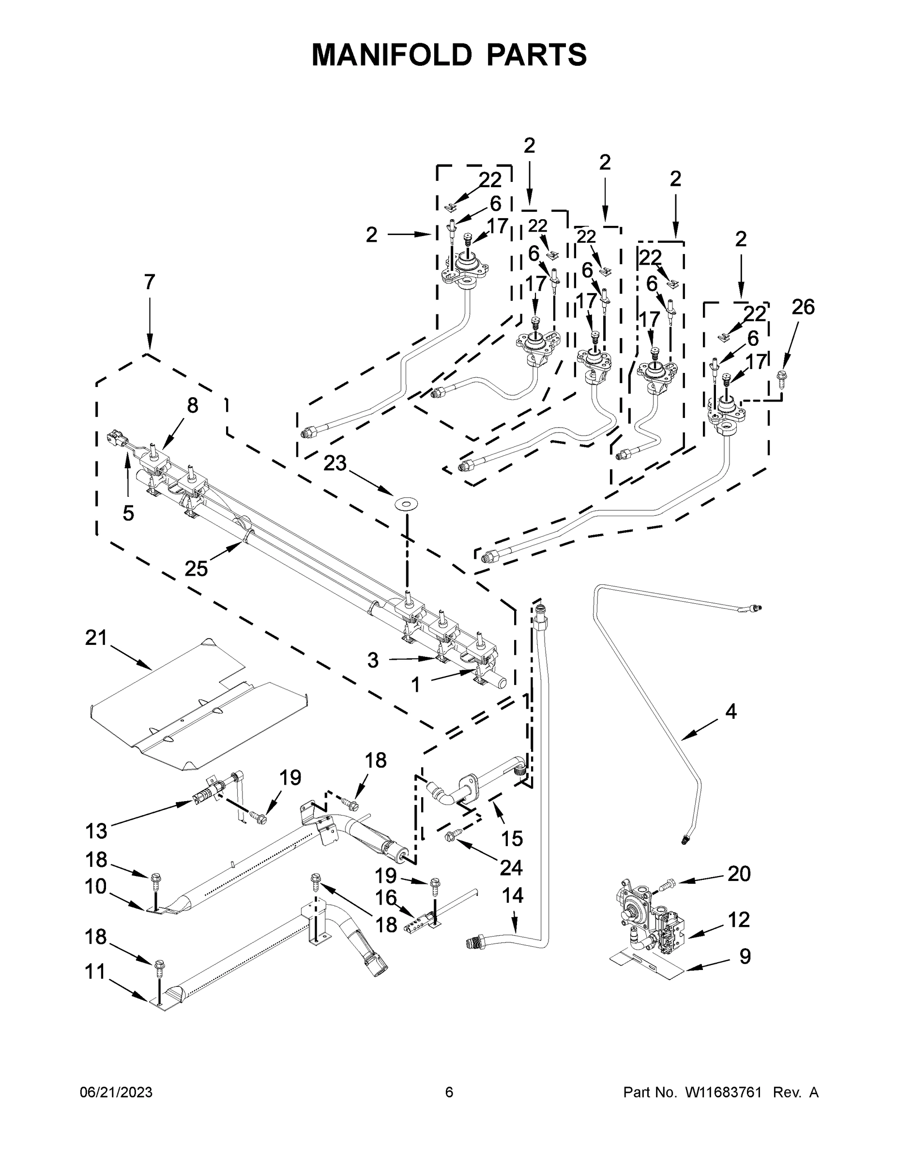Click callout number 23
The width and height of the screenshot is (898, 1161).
click(x=335, y=463)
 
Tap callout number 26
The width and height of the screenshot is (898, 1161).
click(x=803, y=307)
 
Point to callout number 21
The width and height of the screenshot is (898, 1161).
click(x=96, y=638)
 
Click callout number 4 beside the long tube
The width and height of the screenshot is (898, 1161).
click(x=731, y=711)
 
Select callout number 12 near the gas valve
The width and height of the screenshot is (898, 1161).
click(x=738, y=919)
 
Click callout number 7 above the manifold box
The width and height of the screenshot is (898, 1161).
click(x=150, y=282)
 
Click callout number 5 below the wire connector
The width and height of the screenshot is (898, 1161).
click(x=128, y=513)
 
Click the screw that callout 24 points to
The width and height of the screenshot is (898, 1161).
click(x=450, y=838)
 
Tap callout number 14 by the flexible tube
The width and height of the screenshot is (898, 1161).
click(x=512, y=896)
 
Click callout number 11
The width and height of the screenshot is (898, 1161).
click(x=96, y=972)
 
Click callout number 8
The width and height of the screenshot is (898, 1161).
click(x=193, y=405)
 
